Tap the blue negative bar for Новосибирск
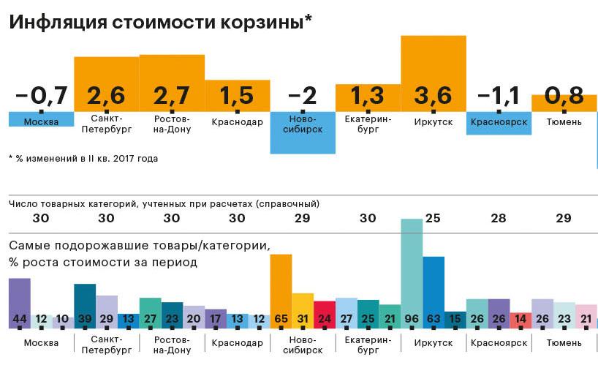click(303, 135)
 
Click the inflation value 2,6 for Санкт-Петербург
click(106, 96)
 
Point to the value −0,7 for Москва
click(41, 96)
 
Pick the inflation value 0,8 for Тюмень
click(564, 96)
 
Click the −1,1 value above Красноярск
click(499, 96)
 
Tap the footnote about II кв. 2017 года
click(84, 158)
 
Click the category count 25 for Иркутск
click(434, 218)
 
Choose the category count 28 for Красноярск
click(499, 218)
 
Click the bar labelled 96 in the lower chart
click(412, 271)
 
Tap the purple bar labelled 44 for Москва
click(20, 300)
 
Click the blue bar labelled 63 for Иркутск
click(434, 289)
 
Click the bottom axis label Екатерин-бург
click(368, 347)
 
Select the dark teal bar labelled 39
click(85, 304)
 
